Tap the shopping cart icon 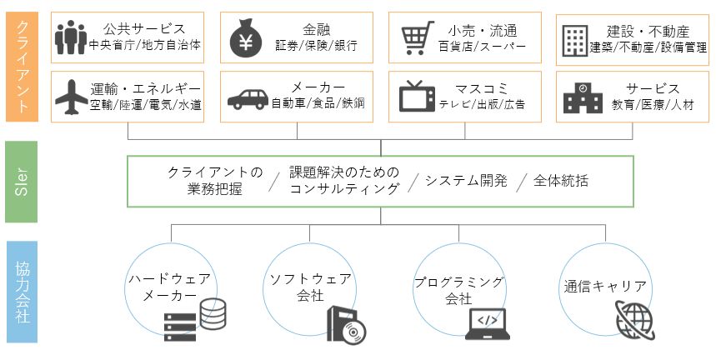(418, 37)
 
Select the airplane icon (71, 97)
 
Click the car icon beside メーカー (248, 99)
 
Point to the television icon (417, 97)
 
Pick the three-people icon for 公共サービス (71, 37)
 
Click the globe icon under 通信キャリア (634, 319)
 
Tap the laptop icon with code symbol (488, 324)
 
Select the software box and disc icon (346, 324)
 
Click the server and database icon (195, 320)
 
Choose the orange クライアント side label (22, 67)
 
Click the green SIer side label (21, 182)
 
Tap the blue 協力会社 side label (22, 292)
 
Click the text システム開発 (466, 181)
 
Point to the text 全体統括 (560, 181)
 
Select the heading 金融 (317, 30)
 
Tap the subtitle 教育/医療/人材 (653, 105)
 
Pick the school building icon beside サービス (583, 97)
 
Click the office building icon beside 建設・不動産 (575, 40)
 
